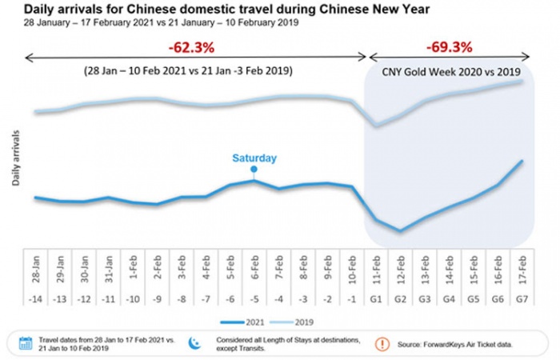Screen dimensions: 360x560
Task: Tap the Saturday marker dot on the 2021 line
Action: [x=254, y=170]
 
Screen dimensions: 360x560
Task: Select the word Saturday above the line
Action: [x=254, y=158]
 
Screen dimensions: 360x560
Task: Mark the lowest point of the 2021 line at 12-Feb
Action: [x=400, y=231]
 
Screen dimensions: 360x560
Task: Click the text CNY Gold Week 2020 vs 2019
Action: [x=449, y=70]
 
